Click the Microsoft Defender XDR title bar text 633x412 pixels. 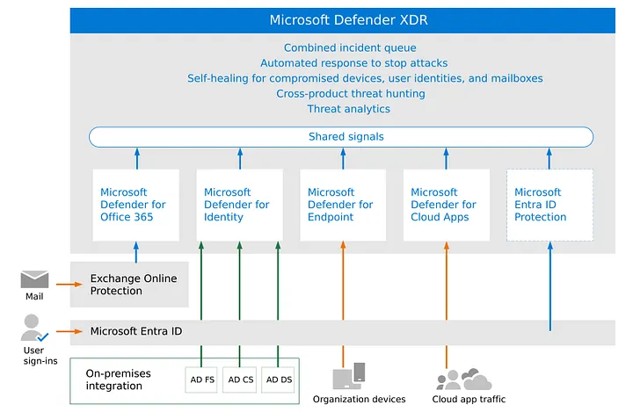click(349, 20)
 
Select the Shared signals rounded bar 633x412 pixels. click(341, 137)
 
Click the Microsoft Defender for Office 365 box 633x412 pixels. click(136, 205)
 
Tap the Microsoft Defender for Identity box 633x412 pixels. click(239, 205)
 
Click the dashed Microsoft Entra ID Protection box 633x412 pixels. click(549, 205)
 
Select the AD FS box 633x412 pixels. click(202, 379)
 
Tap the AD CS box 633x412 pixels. click(240, 379)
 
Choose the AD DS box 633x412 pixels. click(279, 379)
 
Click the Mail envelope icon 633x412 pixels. click(34, 279)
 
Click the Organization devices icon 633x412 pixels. click(349, 377)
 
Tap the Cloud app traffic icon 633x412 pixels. click(463, 379)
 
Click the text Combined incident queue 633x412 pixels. click(349, 48)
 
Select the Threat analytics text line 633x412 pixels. click(349, 109)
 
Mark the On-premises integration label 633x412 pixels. click(118, 379)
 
